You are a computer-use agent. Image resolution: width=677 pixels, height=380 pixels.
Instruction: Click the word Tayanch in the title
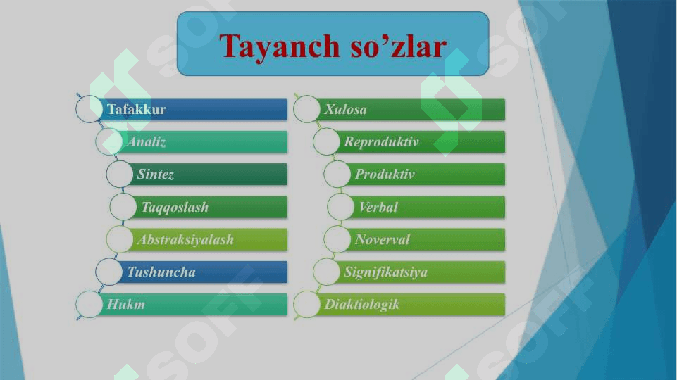[280, 47]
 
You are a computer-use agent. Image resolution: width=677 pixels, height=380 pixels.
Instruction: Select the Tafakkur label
[137, 109]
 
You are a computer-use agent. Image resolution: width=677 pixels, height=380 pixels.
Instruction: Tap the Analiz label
[147, 142]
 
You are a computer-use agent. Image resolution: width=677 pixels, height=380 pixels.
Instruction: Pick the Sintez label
[156, 175]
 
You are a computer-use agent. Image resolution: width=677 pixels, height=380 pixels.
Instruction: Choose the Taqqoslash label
[175, 208]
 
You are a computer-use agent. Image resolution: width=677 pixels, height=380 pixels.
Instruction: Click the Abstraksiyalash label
[186, 240]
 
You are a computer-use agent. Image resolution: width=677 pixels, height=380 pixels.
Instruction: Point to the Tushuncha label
[161, 272]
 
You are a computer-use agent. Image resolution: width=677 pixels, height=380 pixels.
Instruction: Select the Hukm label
[125, 305]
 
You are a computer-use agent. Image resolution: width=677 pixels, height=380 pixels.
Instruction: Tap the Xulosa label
[345, 110]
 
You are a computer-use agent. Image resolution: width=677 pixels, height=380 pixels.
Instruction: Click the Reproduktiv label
[381, 142]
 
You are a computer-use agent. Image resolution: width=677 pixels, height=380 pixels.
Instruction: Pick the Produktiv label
[385, 175]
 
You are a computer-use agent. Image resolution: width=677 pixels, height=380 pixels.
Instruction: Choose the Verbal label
[378, 207]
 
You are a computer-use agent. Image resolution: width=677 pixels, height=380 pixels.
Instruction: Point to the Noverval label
[382, 239]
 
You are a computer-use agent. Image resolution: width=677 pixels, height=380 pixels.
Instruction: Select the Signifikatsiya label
[385, 272]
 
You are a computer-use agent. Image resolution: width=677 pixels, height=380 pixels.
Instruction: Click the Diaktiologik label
[362, 305]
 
